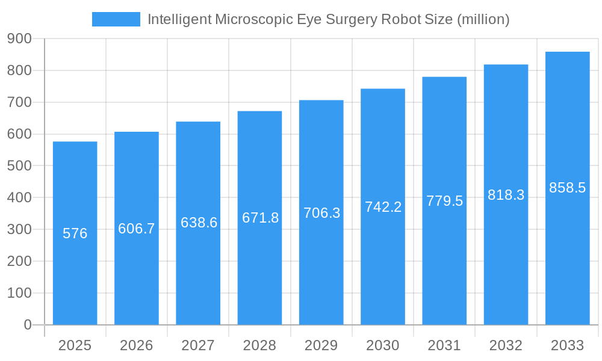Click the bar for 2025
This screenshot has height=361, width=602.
[75, 277]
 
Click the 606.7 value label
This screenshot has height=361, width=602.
[137, 229]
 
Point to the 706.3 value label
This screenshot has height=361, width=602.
[321, 213]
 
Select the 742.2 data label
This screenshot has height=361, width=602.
[383, 207]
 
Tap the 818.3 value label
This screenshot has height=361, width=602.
[506, 195]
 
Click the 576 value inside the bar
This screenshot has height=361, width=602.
[75, 233]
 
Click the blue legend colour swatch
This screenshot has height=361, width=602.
[116, 19]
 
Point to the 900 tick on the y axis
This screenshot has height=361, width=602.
[20, 39]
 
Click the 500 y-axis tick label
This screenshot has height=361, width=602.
[20, 165]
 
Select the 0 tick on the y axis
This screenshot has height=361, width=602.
[28, 325]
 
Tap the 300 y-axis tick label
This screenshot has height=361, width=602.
[20, 229]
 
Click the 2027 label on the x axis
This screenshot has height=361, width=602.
[198, 345]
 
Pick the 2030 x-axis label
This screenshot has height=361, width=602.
[383, 345]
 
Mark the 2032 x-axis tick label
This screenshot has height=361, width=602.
[506, 345]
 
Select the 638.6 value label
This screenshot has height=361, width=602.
[199, 223]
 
